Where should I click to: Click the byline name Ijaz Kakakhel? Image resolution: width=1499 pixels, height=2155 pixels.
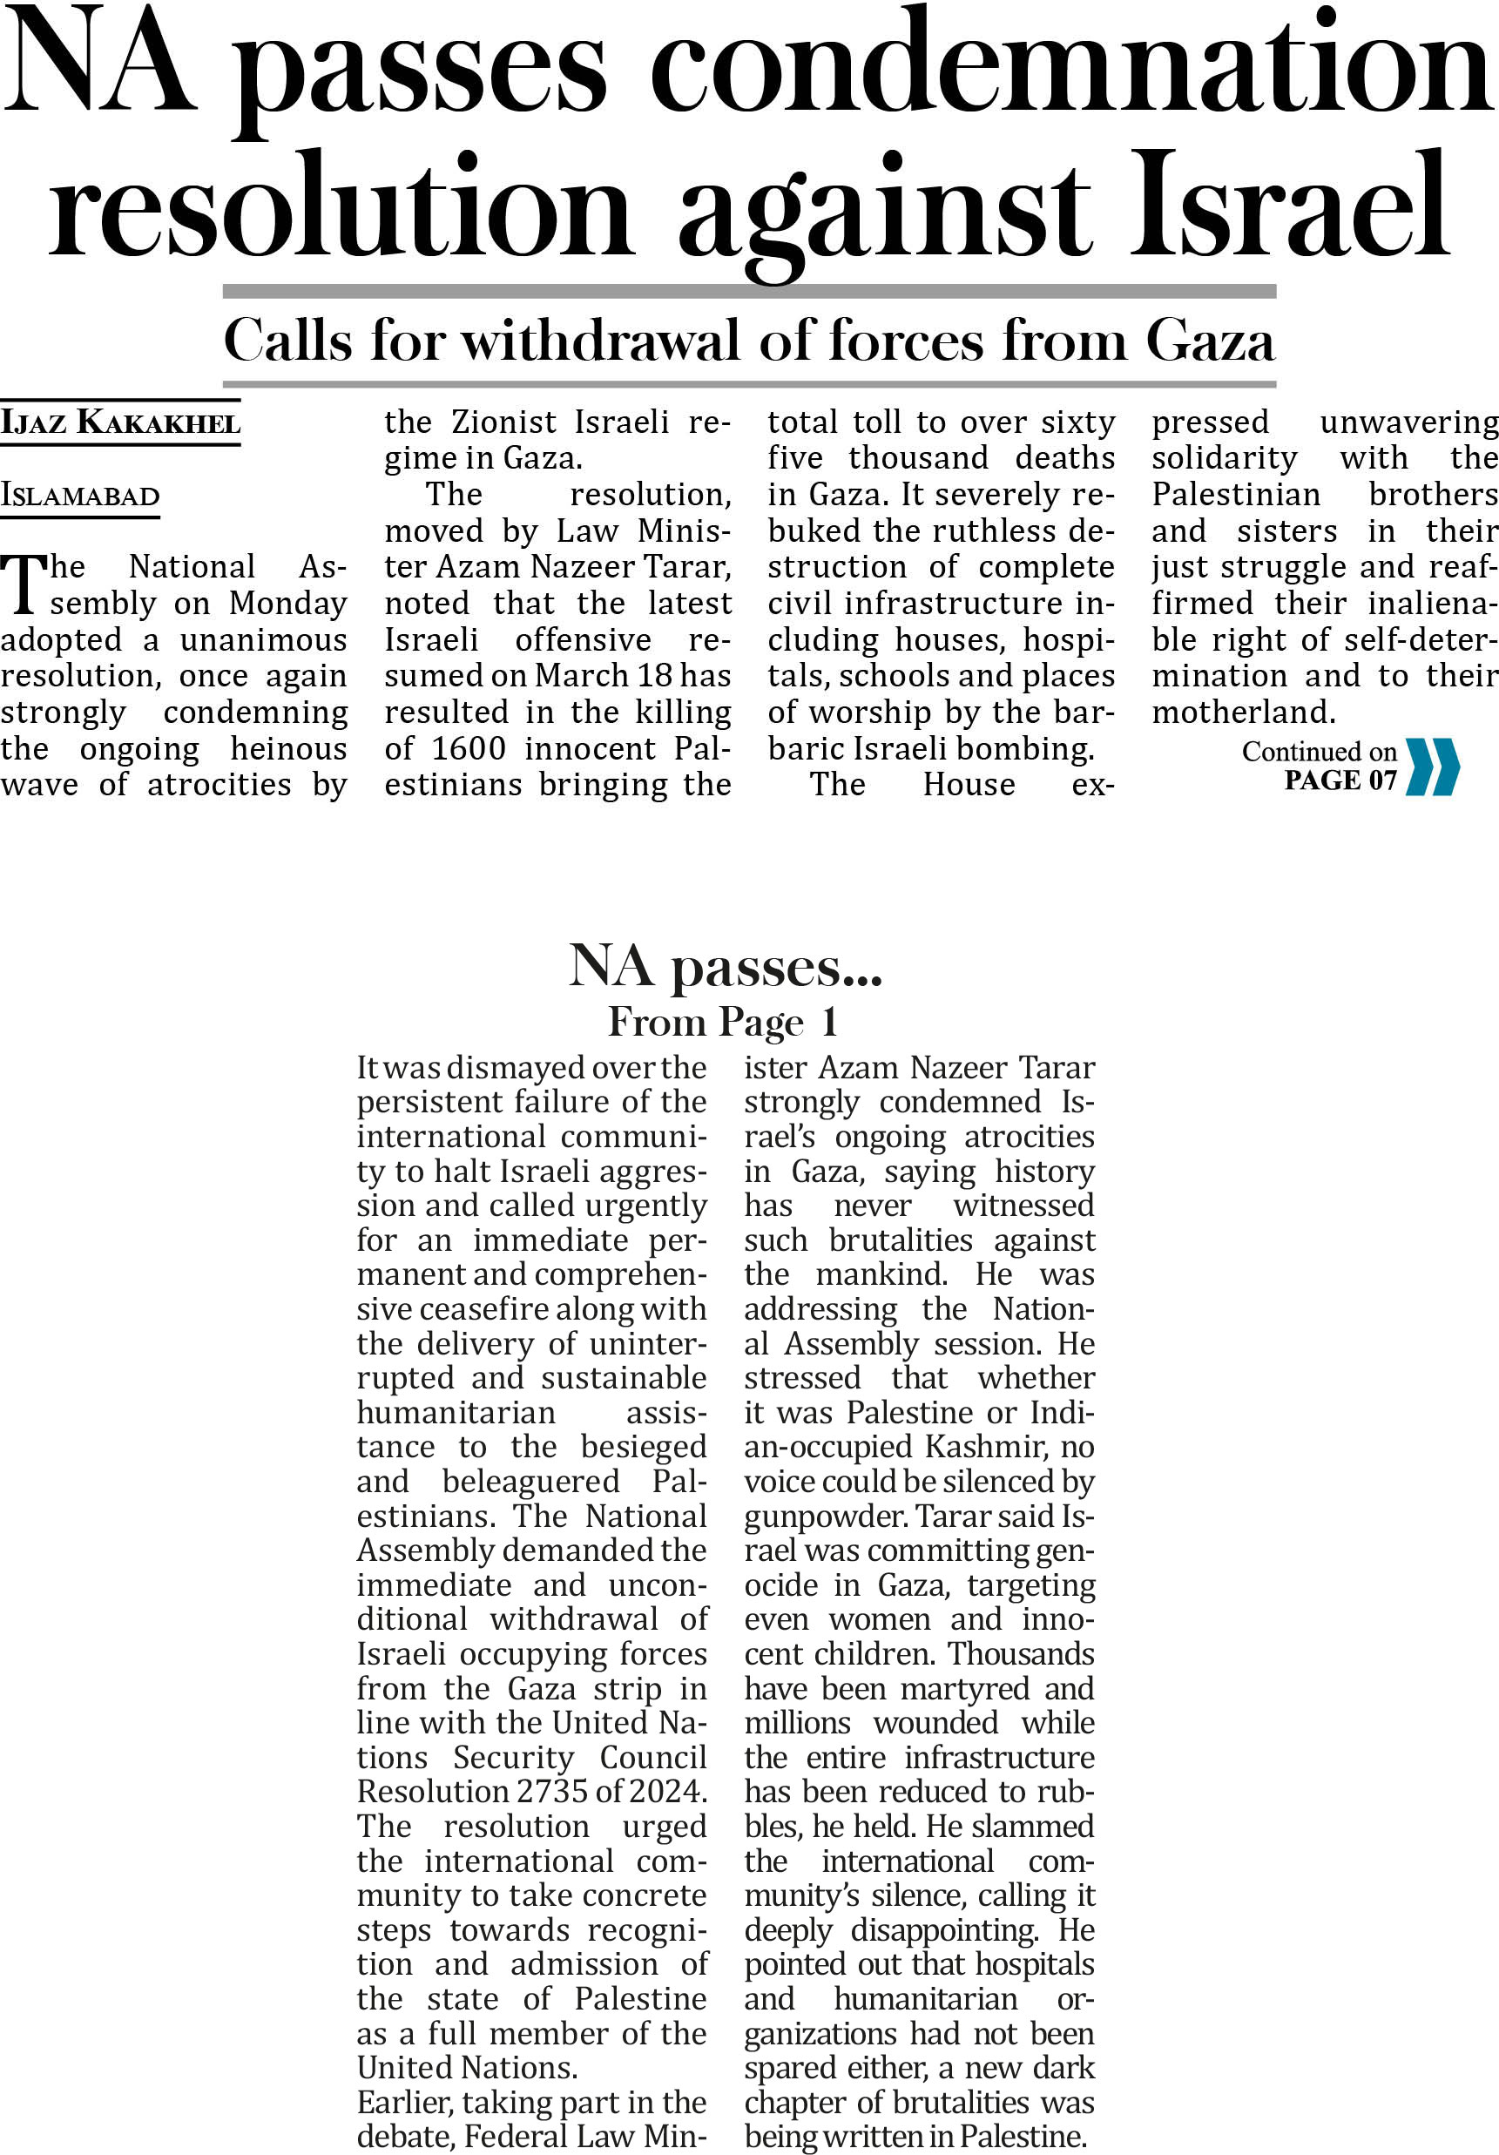(x=120, y=422)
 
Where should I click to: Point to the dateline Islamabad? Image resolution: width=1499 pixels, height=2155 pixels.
(x=80, y=496)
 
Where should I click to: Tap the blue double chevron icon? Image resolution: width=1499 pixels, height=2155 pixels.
(x=1432, y=767)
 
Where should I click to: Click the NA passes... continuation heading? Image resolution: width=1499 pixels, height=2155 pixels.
(x=725, y=966)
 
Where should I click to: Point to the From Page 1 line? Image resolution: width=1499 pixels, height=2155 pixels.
(x=723, y=1022)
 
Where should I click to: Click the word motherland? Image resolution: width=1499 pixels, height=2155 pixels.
(x=1241, y=713)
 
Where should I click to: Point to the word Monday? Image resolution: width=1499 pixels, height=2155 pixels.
(x=287, y=604)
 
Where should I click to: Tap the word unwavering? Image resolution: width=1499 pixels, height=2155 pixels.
(x=1408, y=422)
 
